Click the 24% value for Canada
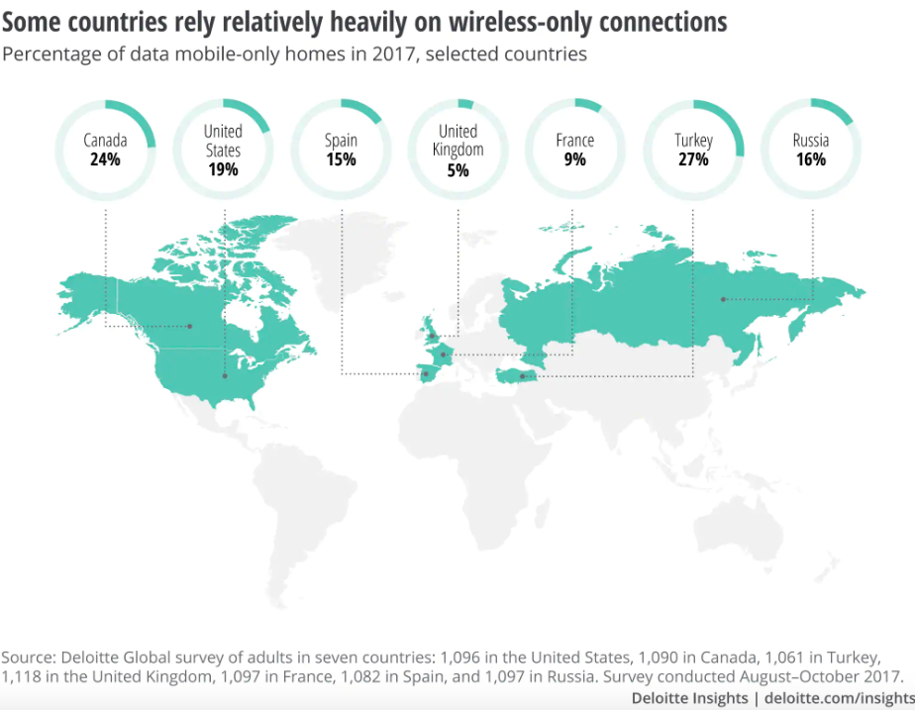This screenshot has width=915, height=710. (104, 158)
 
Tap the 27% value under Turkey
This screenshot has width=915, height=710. (693, 158)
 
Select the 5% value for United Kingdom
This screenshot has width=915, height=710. (457, 169)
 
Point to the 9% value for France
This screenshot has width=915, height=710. (575, 158)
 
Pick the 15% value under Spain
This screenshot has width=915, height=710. (341, 158)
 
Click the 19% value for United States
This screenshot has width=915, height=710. (223, 169)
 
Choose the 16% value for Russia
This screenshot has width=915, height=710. (811, 158)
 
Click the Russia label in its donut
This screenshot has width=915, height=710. (811, 141)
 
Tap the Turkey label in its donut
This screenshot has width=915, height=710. (693, 141)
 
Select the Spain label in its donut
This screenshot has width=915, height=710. (341, 141)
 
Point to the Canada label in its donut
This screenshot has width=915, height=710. (104, 141)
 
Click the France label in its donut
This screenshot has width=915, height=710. (575, 141)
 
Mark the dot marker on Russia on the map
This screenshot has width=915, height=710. (723, 299)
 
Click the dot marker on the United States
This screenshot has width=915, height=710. (225, 375)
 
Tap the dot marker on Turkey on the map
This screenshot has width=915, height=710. (522, 376)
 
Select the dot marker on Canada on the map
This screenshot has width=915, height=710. (191, 326)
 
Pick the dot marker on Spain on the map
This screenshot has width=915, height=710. (426, 373)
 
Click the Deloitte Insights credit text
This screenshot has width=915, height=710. (689, 698)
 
